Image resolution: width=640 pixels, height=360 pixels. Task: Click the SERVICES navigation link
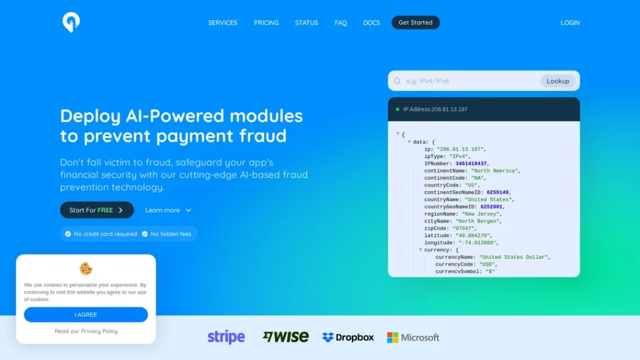[222, 23]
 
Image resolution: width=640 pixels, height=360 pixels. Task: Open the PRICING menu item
[266, 23]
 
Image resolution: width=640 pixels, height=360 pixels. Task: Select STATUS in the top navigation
[306, 23]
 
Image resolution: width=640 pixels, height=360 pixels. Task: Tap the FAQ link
[341, 23]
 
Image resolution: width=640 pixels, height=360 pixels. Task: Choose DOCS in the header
[371, 23]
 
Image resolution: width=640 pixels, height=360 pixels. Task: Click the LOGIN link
[570, 23]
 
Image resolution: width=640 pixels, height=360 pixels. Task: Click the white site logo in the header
[71, 22]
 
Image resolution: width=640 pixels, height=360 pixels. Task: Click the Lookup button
[558, 81]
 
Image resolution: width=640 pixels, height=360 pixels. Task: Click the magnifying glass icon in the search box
[397, 81]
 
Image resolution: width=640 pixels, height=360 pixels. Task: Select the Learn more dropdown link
[167, 210]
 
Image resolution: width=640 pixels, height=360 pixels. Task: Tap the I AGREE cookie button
[86, 315]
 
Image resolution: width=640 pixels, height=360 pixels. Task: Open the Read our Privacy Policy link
[86, 331]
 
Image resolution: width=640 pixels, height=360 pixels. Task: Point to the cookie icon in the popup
[86, 269]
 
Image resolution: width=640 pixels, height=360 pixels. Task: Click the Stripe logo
[226, 337]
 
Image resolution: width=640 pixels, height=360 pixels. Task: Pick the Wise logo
[286, 337]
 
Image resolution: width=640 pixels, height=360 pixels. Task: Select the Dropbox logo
[347, 337]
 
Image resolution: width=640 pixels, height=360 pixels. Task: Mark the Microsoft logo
[413, 337]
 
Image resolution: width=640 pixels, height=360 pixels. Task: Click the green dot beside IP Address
[397, 109]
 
